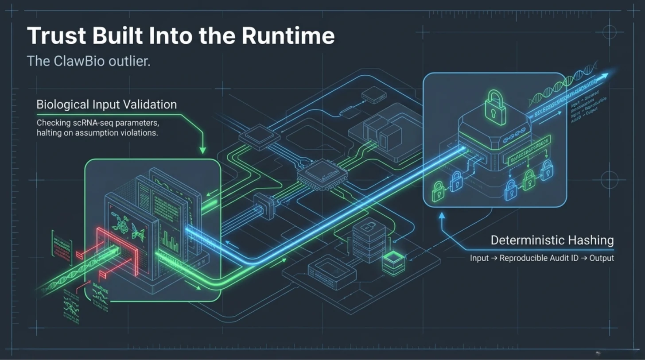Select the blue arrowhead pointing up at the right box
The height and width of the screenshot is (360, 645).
(x=441, y=216)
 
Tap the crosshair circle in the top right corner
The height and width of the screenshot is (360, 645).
(x=610, y=32)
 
